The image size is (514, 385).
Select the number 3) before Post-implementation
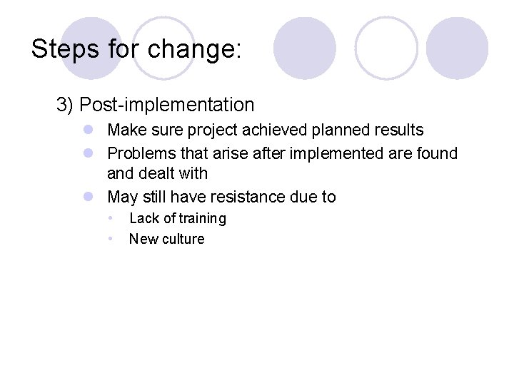pos(65,105)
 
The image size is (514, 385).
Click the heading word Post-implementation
pos(167,105)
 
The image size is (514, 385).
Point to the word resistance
pos(249,197)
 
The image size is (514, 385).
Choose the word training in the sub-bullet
pos(202,218)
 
